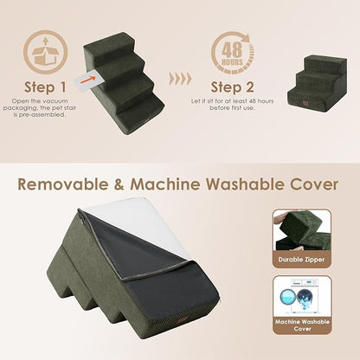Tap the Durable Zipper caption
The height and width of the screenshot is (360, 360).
302,257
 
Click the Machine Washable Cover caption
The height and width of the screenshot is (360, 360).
302,327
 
